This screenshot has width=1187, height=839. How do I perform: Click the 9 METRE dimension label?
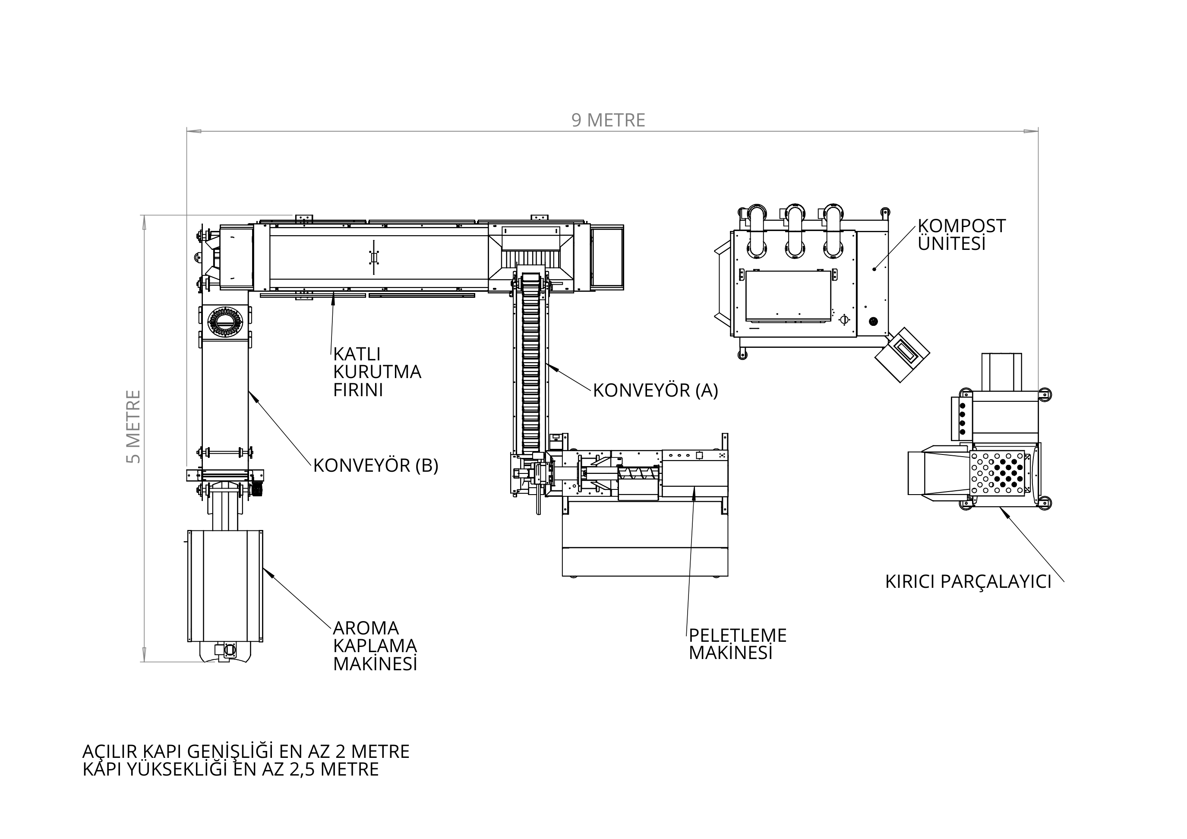pyautogui.click(x=608, y=120)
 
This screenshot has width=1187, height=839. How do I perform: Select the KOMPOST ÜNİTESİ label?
pyautogui.click(x=962, y=235)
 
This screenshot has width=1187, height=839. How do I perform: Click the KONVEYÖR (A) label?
pyautogui.click(x=656, y=390)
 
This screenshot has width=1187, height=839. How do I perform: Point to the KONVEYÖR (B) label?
pyautogui.click(x=376, y=466)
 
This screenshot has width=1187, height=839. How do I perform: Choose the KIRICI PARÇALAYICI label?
pyautogui.click(x=968, y=582)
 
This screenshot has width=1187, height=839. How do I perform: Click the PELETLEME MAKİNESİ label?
pyautogui.click(x=738, y=644)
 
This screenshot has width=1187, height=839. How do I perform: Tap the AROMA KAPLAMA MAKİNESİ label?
pyautogui.click(x=375, y=646)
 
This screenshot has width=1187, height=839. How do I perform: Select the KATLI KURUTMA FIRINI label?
pyautogui.click(x=377, y=372)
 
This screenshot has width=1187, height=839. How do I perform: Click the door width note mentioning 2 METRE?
pyautogui.click(x=246, y=751)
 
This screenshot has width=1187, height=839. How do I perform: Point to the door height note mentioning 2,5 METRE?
pyautogui.click(x=230, y=769)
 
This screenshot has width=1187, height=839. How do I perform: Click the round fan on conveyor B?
pyautogui.click(x=225, y=322)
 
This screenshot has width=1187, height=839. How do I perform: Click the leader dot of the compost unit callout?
pyautogui.click(x=874, y=269)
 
